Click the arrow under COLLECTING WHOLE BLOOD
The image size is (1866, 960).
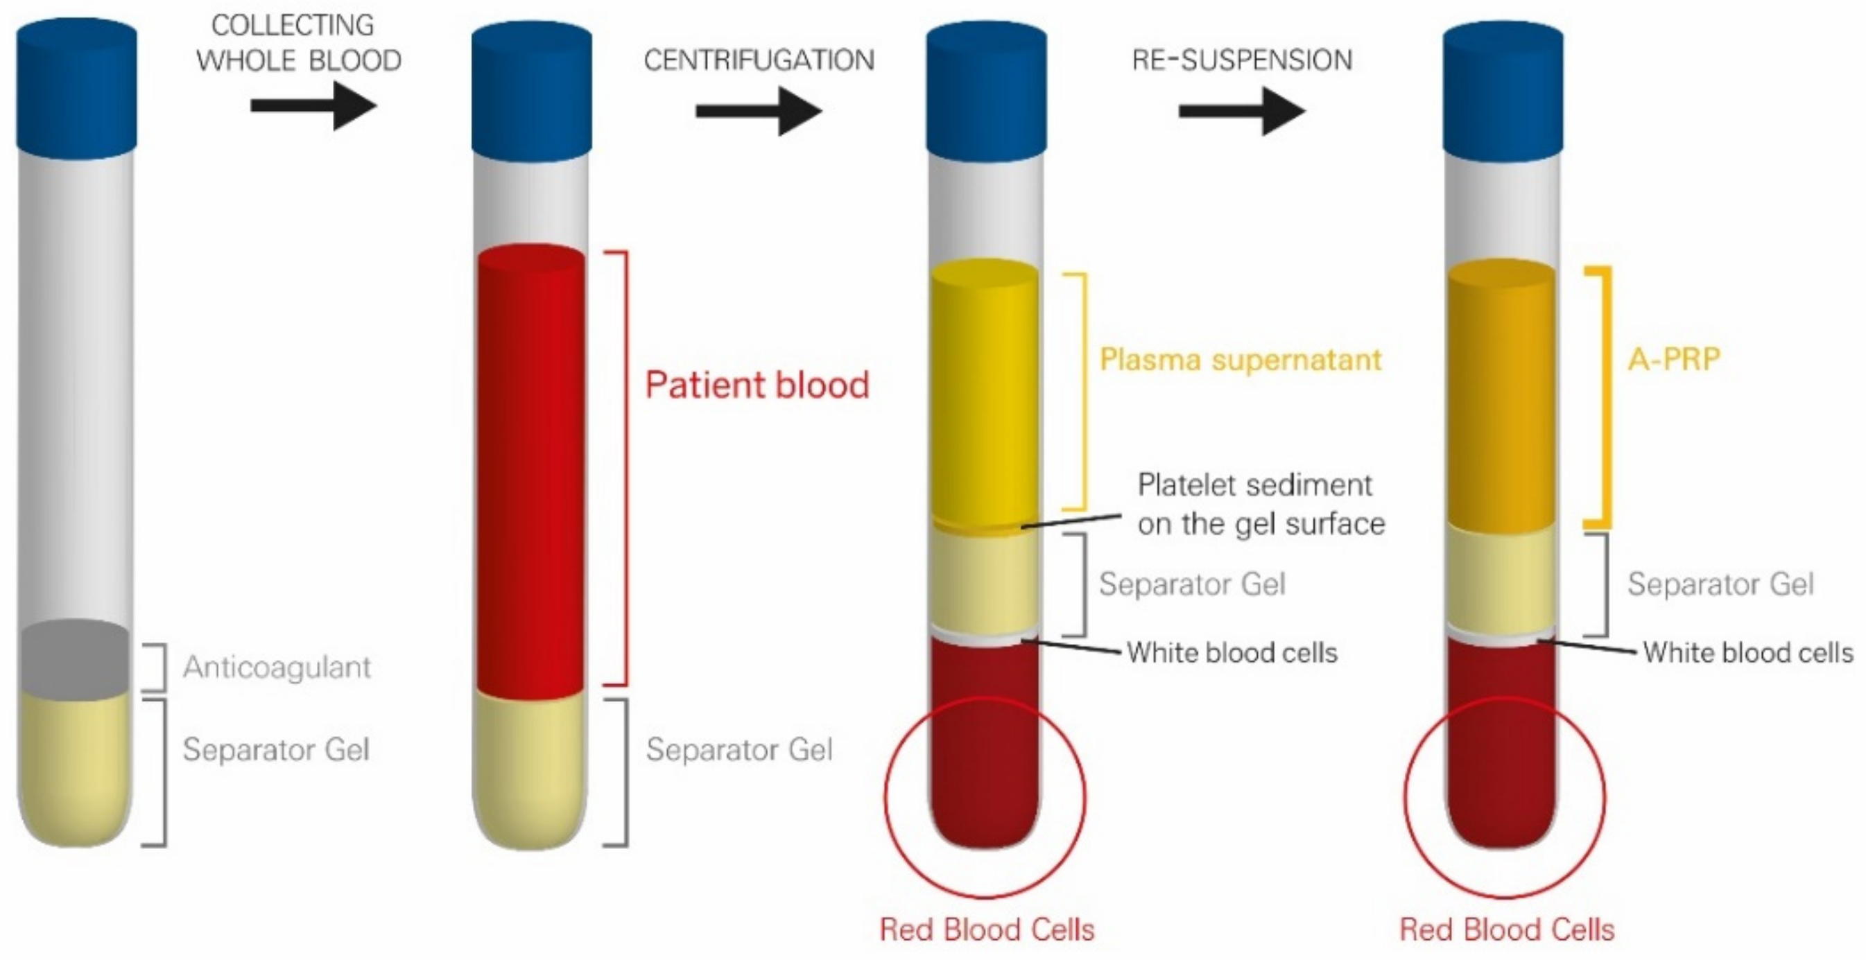(x=313, y=105)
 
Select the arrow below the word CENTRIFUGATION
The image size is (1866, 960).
(x=759, y=111)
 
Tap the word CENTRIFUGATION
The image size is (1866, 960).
(x=759, y=60)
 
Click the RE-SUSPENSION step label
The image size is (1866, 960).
(x=1242, y=60)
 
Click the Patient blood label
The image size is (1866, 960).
(x=757, y=385)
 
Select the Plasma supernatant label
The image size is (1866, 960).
(x=1240, y=360)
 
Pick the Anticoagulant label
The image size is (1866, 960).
(x=277, y=667)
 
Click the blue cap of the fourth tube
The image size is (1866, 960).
(x=1503, y=91)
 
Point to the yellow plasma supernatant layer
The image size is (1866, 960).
(x=985, y=391)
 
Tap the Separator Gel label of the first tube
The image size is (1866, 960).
(x=276, y=749)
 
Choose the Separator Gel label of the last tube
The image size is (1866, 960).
(x=1720, y=584)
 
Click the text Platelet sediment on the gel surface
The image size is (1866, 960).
(x=1261, y=504)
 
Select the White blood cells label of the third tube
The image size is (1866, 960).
(x=1232, y=653)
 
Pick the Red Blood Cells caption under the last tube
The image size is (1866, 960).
(x=1507, y=930)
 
